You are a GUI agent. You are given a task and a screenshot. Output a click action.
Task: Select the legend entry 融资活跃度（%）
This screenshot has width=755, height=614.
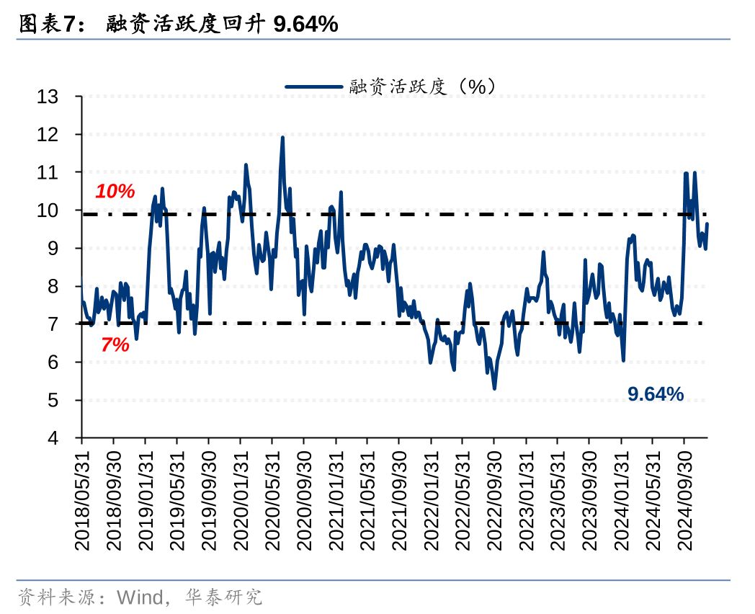pos(422,86)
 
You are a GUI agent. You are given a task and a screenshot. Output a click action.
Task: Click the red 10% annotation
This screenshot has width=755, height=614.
pos(115,192)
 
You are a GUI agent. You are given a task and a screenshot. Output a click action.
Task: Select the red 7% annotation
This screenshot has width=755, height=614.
pos(115,345)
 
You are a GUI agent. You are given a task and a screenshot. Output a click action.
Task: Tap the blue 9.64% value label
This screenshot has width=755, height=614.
pos(656,393)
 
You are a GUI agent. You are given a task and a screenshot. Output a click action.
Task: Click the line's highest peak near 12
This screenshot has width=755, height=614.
pos(282,138)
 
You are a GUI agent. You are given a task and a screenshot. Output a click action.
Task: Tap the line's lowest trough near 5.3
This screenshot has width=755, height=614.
pos(494,388)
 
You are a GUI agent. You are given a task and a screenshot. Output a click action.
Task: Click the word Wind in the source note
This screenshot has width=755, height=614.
pos(138,597)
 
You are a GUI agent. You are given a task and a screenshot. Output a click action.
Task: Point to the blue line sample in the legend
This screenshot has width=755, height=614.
pos(313,86)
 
